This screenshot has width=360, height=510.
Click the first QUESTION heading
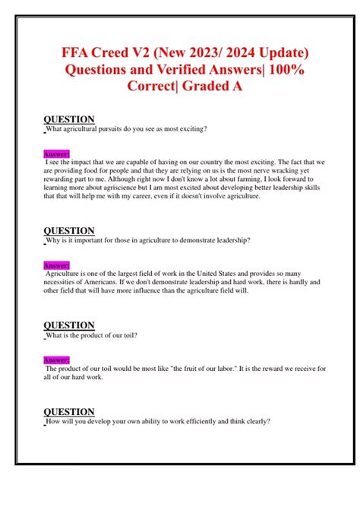[69, 119]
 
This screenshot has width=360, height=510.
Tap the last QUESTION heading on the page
[69, 412]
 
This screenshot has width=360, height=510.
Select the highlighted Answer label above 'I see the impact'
[57, 154]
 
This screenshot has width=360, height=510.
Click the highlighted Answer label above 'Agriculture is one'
[57, 265]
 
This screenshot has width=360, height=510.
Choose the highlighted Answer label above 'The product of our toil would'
[57, 360]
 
